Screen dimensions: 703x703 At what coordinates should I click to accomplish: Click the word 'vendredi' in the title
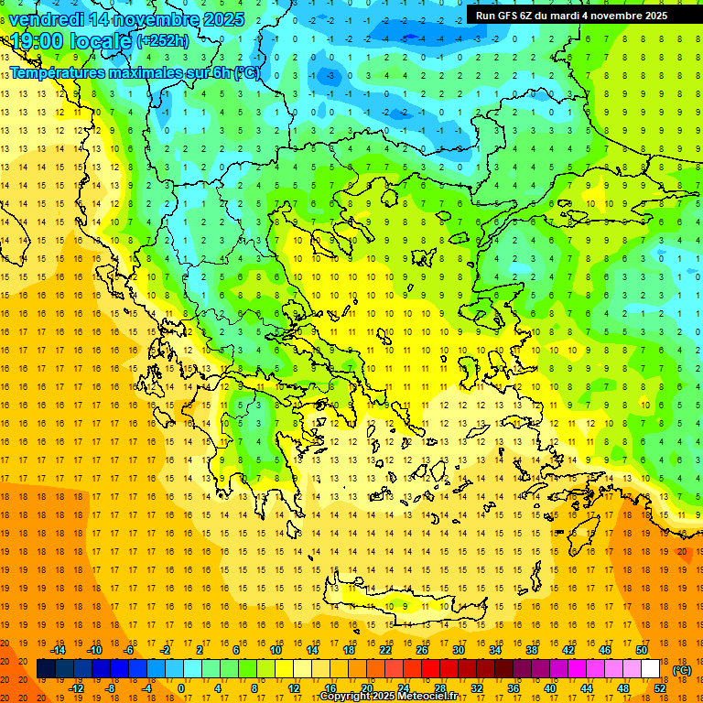(46, 18)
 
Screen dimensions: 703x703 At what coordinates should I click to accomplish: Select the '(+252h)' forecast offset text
(163, 40)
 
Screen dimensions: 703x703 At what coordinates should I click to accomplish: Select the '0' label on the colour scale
(181, 688)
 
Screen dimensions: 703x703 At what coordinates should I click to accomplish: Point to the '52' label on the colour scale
(660, 688)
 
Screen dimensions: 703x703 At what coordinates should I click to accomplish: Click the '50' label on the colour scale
(642, 650)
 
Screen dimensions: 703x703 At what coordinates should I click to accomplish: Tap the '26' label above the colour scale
(422, 650)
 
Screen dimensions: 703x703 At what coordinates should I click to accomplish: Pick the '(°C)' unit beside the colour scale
(682, 670)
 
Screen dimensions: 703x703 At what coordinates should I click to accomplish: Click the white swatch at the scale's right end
(651, 669)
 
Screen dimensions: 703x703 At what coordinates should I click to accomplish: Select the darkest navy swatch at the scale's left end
(47, 669)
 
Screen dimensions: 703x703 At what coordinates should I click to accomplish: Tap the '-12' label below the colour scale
(76, 688)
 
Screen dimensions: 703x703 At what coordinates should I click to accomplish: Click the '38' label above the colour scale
(532, 650)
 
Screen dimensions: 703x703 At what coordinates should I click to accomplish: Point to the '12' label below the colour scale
(294, 688)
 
